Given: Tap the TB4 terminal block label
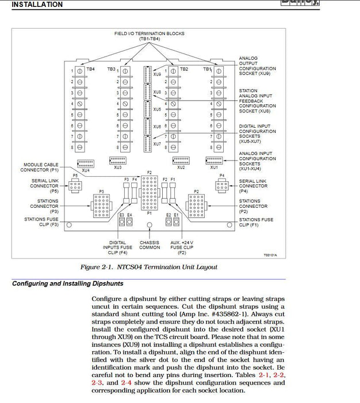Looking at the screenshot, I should [x=90, y=69].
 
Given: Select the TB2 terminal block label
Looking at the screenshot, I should [x=183, y=69].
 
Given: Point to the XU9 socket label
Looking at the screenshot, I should [x=157, y=74].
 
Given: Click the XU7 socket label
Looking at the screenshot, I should [x=157, y=143].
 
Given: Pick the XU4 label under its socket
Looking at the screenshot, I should [x=85, y=170].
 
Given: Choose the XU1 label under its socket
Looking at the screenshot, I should [x=214, y=168].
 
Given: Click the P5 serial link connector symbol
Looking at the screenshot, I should [x=75, y=185].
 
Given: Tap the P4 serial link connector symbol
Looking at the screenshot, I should [x=221, y=185].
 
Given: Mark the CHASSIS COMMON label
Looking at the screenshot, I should [x=150, y=245].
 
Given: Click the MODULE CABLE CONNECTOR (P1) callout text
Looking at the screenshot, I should [x=40, y=168].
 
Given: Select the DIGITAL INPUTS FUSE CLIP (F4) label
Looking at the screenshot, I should [x=117, y=248].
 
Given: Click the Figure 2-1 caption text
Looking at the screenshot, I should [x=149, y=267].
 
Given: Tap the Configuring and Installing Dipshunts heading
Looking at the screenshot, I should [x=67, y=283].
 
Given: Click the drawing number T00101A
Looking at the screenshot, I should [x=270, y=254].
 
